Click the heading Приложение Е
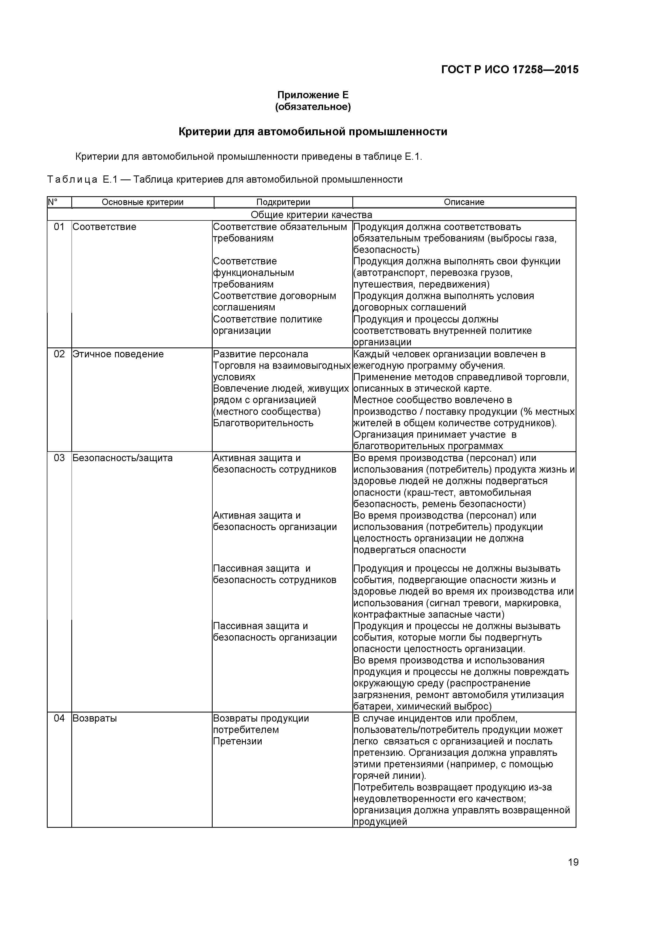click(313, 95)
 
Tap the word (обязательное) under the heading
click(313, 107)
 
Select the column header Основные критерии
click(142, 202)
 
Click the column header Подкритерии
click(283, 202)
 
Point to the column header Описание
click(464, 202)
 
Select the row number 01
click(59, 227)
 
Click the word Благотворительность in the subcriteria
click(263, 423)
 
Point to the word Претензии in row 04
click(237, 741)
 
